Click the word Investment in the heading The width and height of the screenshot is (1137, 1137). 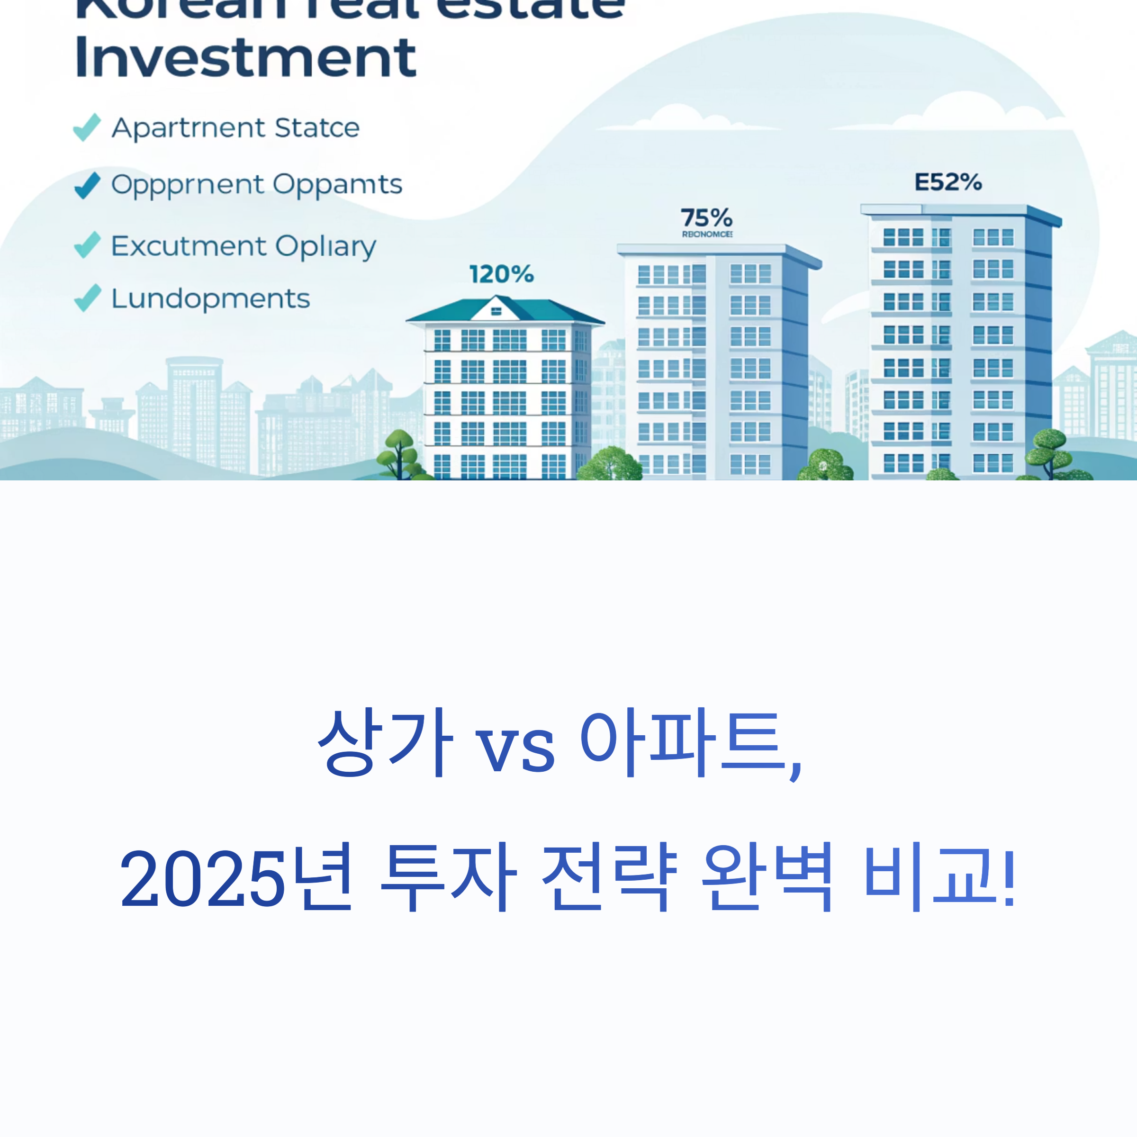click(x=245, y=58)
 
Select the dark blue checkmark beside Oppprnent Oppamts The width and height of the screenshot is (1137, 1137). click(x=87, y=185)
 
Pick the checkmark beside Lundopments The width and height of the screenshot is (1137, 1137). click(x=87, y=298)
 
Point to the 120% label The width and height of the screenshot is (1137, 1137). click(x=501, y=274)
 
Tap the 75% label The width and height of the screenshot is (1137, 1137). click(x=706, y=218)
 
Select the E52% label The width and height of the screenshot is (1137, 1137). click(x=947, y=182)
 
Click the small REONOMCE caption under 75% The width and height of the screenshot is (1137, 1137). click(x=707, y=234)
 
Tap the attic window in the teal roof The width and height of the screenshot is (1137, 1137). click(x=496, y=311)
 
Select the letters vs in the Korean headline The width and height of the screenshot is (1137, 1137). click(x=514, y=749)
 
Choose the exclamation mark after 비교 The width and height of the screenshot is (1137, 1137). click(x=1009, y=877)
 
